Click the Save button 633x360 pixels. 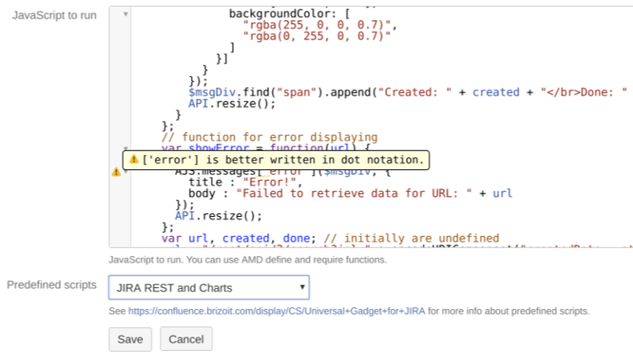130,339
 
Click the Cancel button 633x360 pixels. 187,339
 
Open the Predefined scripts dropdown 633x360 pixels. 208,288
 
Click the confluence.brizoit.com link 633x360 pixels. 276,311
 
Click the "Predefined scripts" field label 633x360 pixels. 52,285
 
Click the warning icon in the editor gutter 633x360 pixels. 116,172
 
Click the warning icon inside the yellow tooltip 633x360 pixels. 133,159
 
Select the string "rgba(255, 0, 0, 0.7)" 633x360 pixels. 318,25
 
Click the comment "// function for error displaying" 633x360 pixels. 270,137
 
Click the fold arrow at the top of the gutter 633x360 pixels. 126,14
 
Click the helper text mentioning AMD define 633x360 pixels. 248,260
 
